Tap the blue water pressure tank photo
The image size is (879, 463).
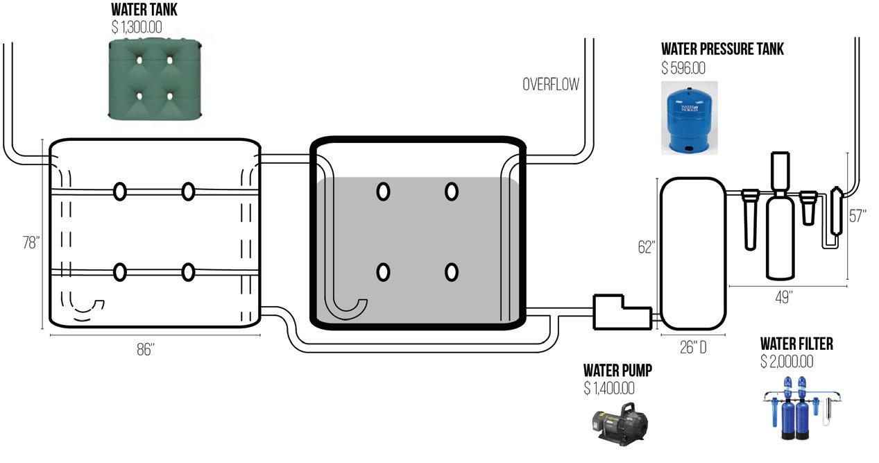(688, 117)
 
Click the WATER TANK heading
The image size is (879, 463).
(144, 10)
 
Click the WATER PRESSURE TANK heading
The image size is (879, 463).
(722, 49)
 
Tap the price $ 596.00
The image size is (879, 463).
(683, 68)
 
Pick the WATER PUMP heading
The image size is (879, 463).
(617, 371)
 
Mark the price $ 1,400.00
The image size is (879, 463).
(609, 389)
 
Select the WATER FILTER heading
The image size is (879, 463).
(796, 344)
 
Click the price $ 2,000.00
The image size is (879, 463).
(787, 362)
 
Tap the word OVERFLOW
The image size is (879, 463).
(550, 85)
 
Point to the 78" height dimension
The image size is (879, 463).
(31, 243)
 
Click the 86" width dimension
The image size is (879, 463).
(145, 349)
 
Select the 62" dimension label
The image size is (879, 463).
(647, 247)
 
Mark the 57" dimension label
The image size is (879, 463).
(859, 215)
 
